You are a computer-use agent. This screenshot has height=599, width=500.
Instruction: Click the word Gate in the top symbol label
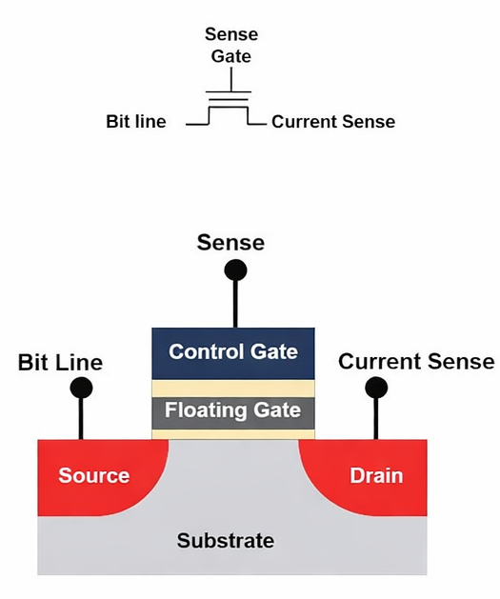pyautogui.click(x=231, y=56)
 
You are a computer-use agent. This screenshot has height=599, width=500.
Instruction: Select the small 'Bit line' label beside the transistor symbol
pyautogui.click(x=136, y=122)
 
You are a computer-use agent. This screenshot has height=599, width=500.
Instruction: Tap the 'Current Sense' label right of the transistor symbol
pyautogui.click(x=333, y=122)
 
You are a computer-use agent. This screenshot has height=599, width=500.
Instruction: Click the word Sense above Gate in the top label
pyautogui.click(x=231, y=34)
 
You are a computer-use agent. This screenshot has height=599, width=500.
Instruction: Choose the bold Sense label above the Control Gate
pyautogui.click(x=230, y=243)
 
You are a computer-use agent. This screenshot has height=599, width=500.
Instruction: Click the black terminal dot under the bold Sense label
pyautogui.click(x=235, y=270)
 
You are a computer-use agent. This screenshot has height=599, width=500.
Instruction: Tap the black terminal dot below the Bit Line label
pyautogui.click(x=81, y=388)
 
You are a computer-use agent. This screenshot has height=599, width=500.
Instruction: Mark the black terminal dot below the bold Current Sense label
pyautogui.click(x=377, y=388)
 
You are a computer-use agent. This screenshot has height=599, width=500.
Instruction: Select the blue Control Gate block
pyautogui.click(x=233, y=352)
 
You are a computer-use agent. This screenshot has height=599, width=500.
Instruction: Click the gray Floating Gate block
pyautogui.click(x=233, y=411)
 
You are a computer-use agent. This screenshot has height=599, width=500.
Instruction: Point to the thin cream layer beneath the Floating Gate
pyautogui.click(x=233, y=434)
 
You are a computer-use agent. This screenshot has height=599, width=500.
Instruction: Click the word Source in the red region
pyautogui.click(x=93, y=475)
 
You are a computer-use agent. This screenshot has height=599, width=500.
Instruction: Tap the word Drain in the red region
pyautogui.click(x=376, y=475)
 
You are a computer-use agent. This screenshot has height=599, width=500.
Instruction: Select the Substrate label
pyautogui.click(x=226, y=541)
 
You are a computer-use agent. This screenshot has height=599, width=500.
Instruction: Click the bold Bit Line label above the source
pyautogui.click(x=60, y=362)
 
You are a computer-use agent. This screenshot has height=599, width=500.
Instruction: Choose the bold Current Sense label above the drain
pyautogui.click(x=416, y=362)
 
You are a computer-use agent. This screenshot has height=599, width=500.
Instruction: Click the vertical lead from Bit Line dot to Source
pyautogui.click(x=81, y=419)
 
